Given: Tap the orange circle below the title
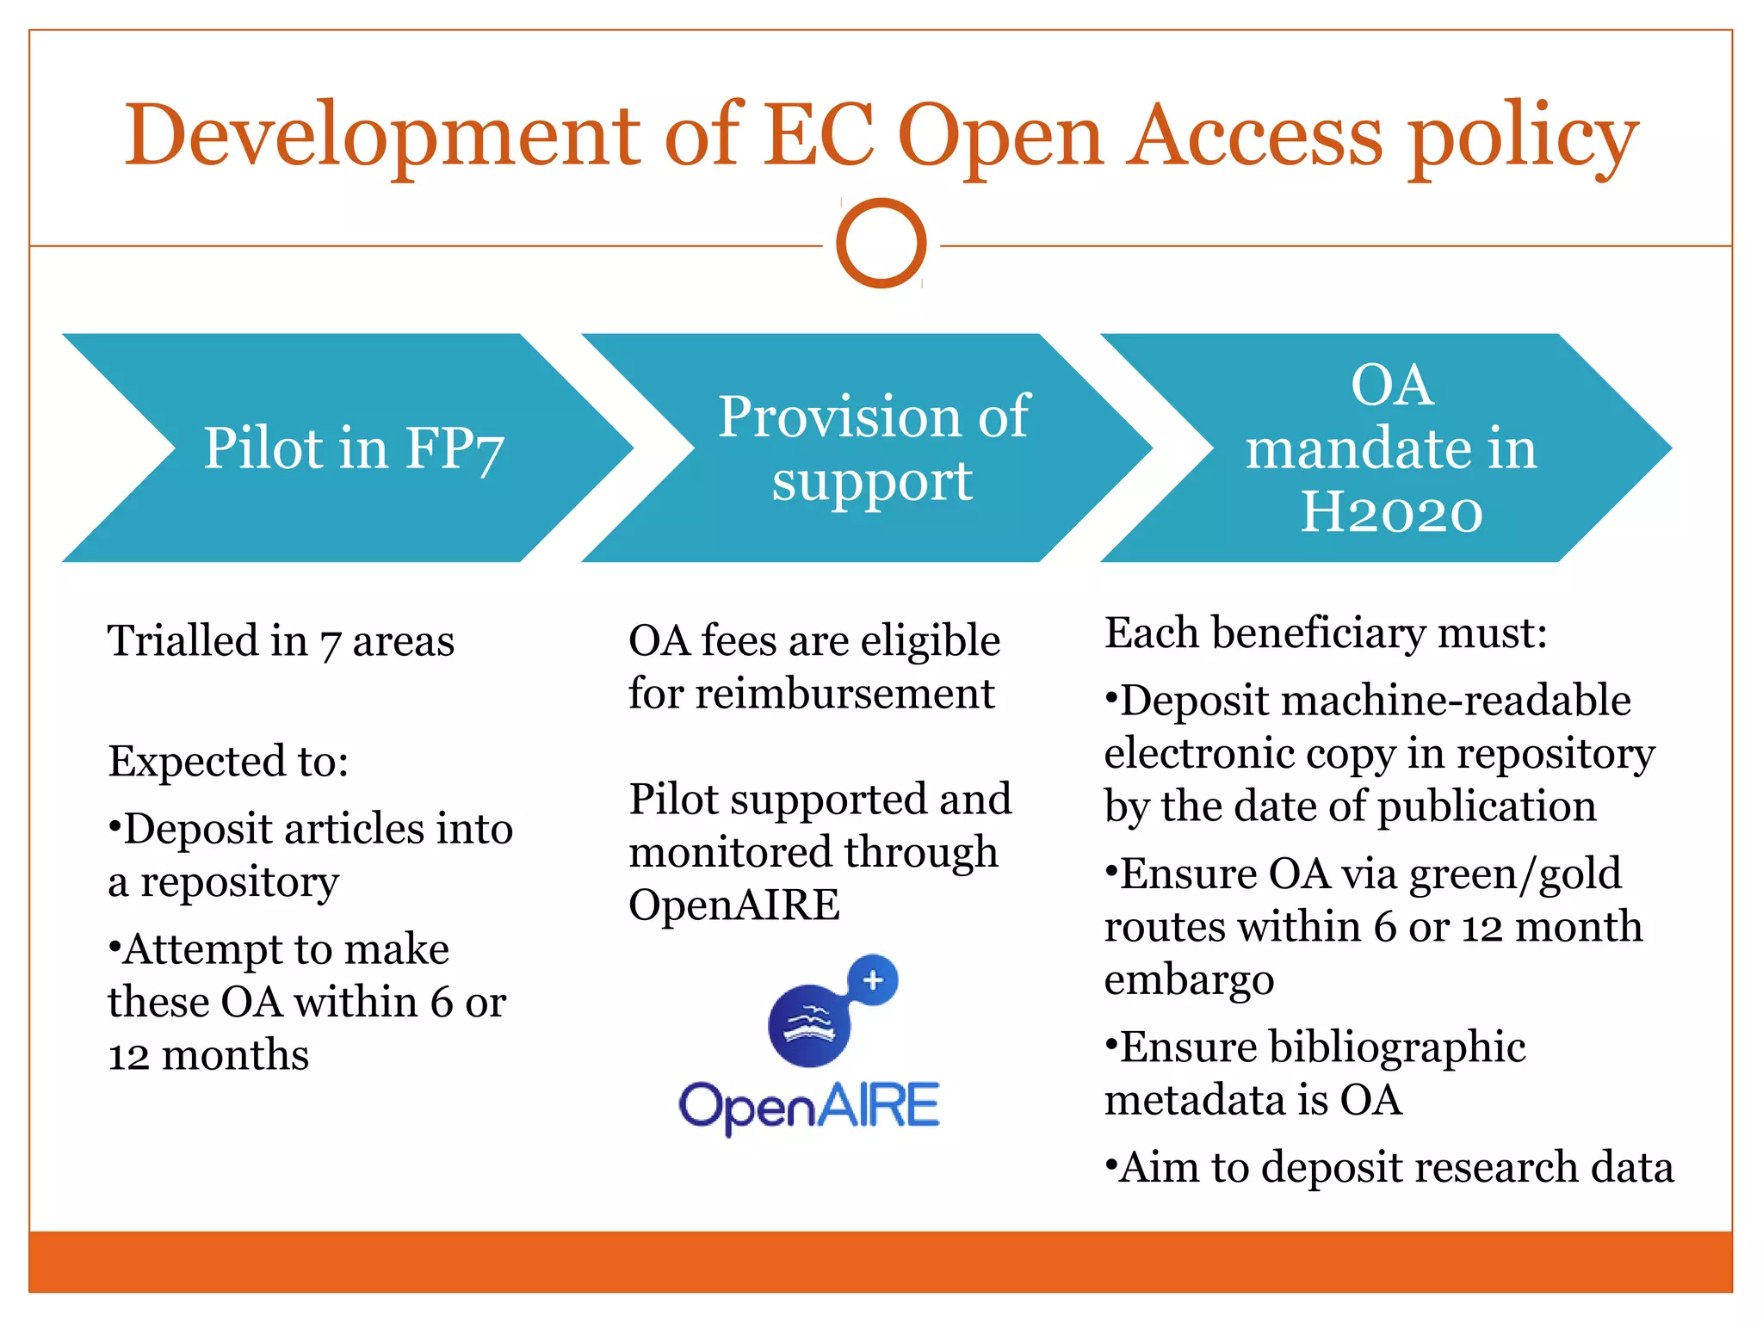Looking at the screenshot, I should coord(881,244).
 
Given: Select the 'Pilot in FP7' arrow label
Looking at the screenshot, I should coord(353,448).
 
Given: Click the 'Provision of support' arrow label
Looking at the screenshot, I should coord(873,448).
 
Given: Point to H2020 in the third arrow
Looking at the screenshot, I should coord(1391,513).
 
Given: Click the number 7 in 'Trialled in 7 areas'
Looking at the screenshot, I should coord(330,643).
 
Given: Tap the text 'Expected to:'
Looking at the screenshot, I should coord(228,761).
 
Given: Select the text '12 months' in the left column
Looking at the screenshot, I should coord(208,1055).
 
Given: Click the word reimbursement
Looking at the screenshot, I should coord(844,694).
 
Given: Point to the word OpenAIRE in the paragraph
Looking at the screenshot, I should coord(733,905).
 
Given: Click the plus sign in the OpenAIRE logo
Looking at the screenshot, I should coord(873,979).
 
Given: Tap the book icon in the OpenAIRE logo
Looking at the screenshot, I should coord(808,1024).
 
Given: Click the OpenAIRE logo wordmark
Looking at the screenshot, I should coord(808,1106).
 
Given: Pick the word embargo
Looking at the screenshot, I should coord(1189,980).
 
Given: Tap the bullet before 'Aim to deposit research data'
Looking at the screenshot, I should coord(1111,1167).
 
